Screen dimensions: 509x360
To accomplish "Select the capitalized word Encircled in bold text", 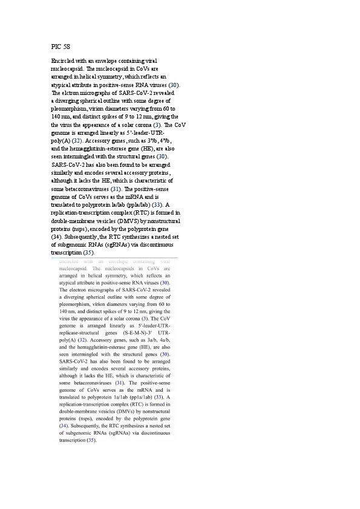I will pyautogui.click(x=63, y=62).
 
